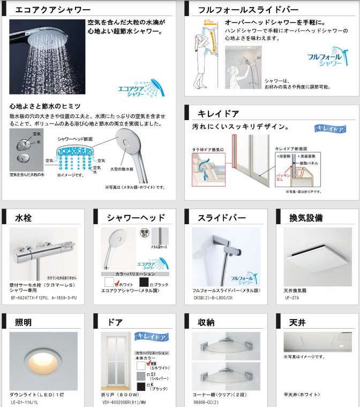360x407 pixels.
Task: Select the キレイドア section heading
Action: pos(219,114)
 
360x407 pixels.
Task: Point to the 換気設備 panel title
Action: pos(305,218)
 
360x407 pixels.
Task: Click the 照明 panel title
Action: pos(24,322)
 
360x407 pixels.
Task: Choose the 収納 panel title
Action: pos(207,322)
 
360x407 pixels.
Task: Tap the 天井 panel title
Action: pos(297,322)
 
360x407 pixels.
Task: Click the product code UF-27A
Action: pos(292,297)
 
